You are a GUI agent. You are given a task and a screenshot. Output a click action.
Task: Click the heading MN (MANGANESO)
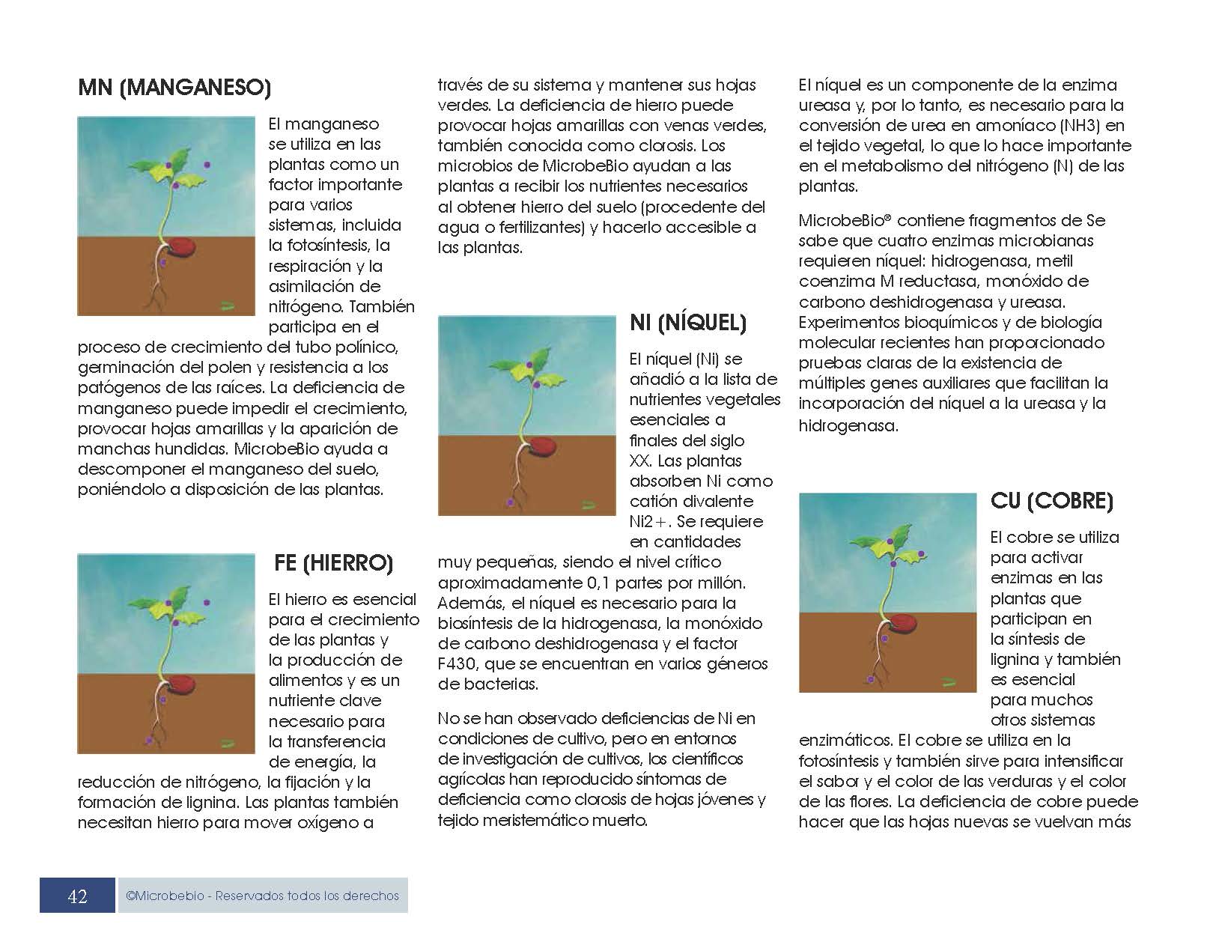(174, 88)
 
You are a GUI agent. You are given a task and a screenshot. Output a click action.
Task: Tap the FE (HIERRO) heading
(334, 563)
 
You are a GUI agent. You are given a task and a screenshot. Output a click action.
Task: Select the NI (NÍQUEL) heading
(688, 323)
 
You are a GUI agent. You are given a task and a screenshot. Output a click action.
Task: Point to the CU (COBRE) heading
(1051, 500)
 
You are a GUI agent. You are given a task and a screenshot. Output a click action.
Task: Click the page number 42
(77, 896)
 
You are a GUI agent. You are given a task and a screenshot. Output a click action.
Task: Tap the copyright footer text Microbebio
(262, 896)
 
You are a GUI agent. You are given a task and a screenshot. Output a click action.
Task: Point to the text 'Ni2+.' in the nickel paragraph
(649, 522)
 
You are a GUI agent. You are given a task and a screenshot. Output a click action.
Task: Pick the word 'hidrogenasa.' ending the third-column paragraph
(848, 425)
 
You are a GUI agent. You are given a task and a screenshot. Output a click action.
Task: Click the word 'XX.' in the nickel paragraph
(642, 461)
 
